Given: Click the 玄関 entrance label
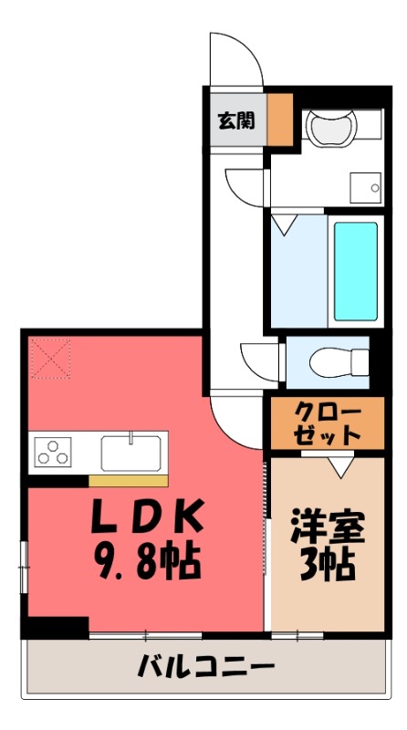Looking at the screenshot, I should coord(235,120).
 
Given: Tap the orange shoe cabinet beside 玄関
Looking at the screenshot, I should coord(279,120).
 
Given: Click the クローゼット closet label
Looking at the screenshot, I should coord(327,423).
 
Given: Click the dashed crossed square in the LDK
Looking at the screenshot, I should coord(49,358).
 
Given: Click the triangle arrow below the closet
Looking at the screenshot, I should coord(339,467).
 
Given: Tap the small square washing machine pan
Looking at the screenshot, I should coord(364,187).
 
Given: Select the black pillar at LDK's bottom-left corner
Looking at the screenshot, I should coord(55,628).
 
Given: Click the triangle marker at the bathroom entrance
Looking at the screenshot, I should coord(284,222).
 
